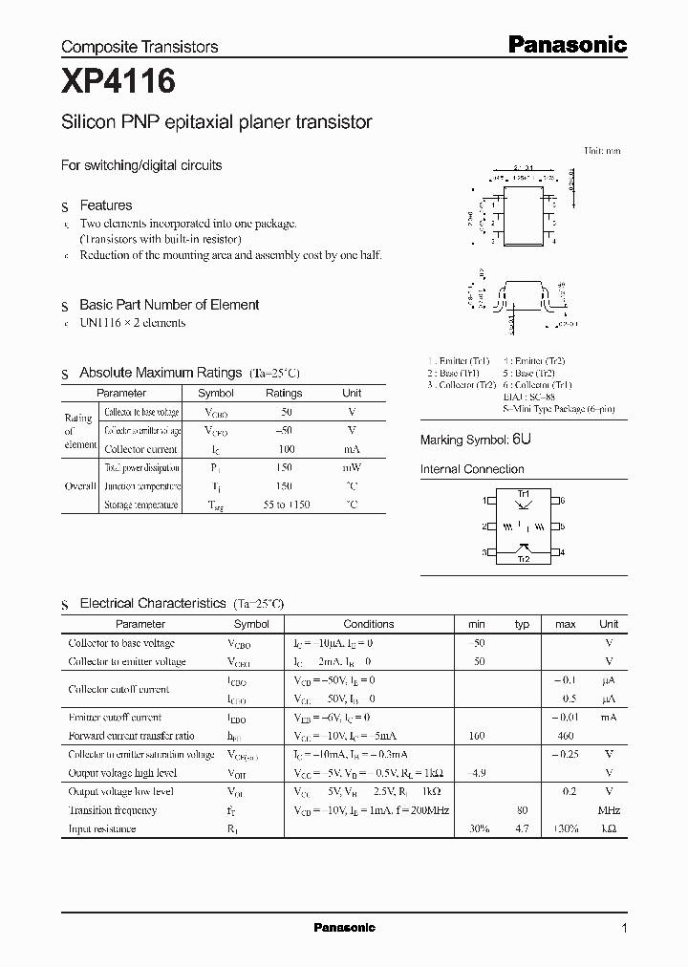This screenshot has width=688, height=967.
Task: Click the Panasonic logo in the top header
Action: click(566, 44)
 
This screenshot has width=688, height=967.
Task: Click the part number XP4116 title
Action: click(118, 83)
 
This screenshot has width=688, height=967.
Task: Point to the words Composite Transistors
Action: click(140, 47)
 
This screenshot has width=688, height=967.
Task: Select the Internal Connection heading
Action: click(472, 469)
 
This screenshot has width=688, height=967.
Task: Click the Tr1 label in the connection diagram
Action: click(523, 492)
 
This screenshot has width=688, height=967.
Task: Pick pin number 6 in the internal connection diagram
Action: click(563, 501)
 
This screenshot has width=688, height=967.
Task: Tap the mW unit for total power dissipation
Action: click(352, 468)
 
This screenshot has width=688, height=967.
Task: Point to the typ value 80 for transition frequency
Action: click(522, 810)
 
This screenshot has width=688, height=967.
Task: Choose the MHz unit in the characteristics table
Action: click(608, 810)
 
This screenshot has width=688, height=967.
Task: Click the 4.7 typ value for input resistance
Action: click(522, 828)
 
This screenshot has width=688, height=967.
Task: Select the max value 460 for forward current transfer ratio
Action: click(565, 736)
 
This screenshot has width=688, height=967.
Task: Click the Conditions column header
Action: click(368, 624)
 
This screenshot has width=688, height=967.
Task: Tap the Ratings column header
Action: click(284, 393)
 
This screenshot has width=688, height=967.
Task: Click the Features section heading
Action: click(105, 205)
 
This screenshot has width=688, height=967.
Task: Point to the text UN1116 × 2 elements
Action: click(133, 323)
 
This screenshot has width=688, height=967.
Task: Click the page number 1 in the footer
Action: click(624, 928)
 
